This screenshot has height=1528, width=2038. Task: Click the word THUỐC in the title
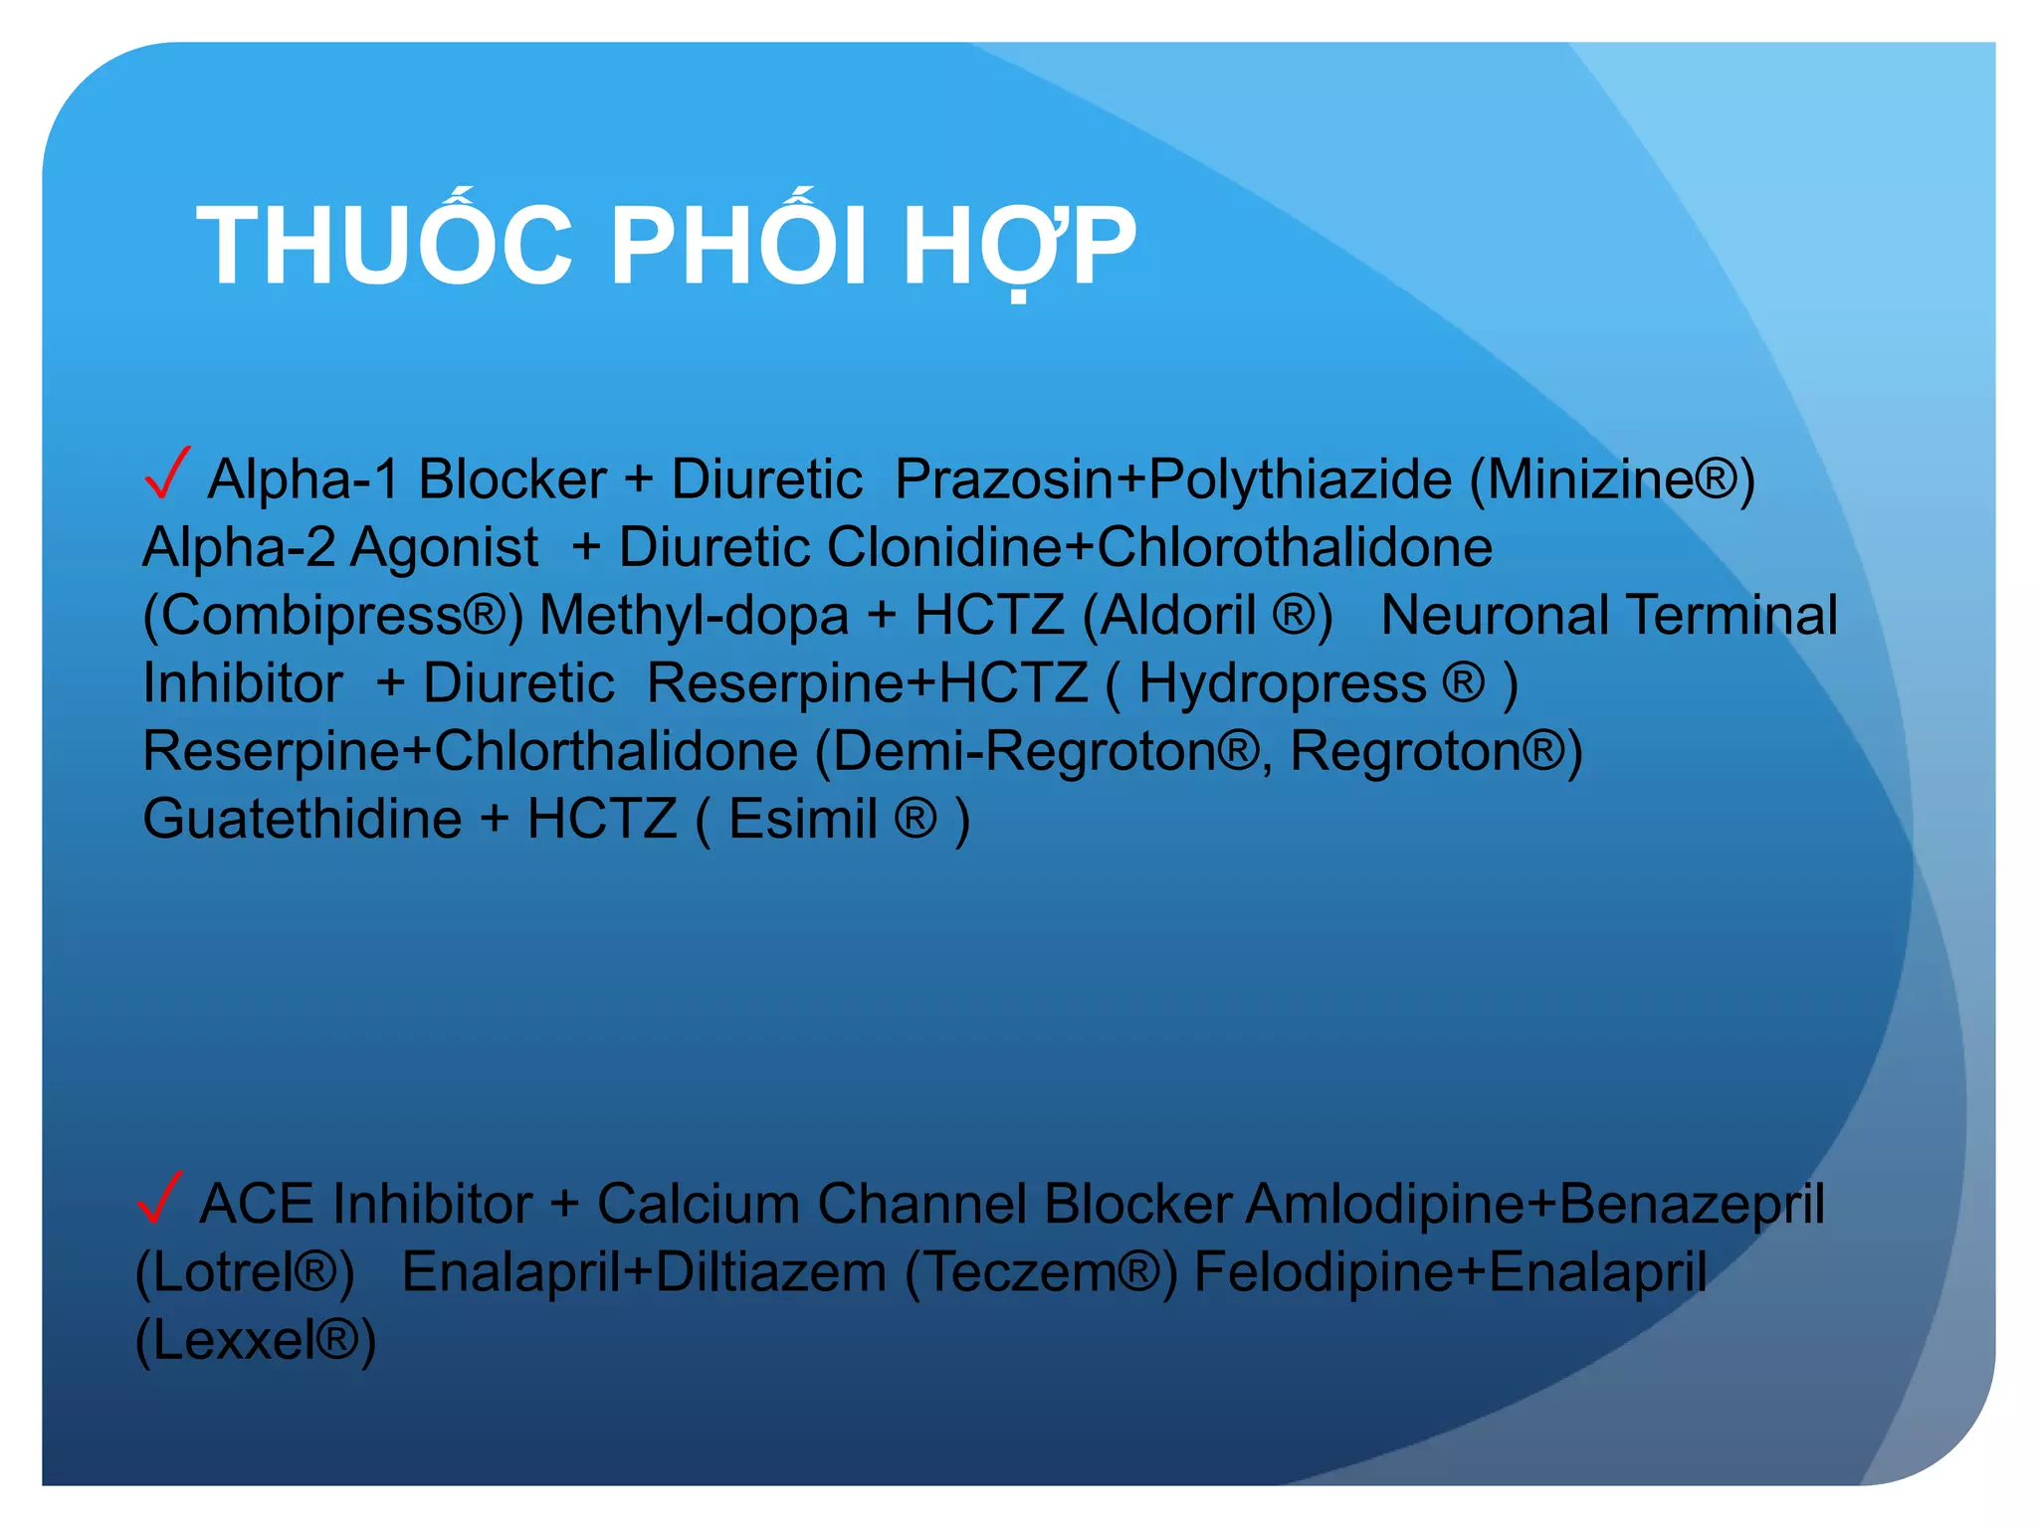pyautogui.click(x=384, y=246)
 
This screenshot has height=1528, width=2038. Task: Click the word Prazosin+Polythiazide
pyautogui.click(x=1173, y=479)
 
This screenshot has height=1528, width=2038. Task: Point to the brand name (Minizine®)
pyautogui.click(x=1612, y=479)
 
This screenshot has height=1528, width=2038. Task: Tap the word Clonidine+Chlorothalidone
pyautogui.click(x=1159, y=547)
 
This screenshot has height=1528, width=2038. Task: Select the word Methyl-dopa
pyautogui.click(x=694, y=616)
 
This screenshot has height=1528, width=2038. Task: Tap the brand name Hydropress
pyautogui.click(x=1283, y=684)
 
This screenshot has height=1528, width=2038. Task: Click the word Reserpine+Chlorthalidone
pyautogui.click(x=471, y=751)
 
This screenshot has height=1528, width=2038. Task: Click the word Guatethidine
pyautogui.click(x=303, y=820)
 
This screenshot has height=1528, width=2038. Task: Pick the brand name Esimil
pyautogui.click(x=803, y=820)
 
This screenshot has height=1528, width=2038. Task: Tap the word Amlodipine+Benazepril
pyautogui.click(x=1535, y=1205)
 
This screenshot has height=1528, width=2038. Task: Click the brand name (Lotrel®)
pyautogui.click(x=245, y=1272)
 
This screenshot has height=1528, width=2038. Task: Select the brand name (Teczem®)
pyautogui.click(x=1041, y=1272)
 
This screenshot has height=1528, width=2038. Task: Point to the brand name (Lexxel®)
pyautogui.click(x=256, y=1340)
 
